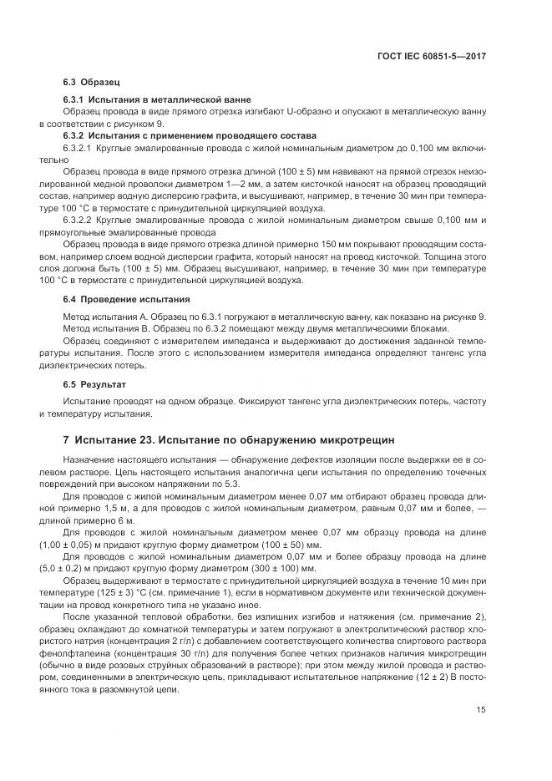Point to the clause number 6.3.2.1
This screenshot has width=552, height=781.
[81, 147]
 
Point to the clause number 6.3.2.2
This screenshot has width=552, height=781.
[81, 220]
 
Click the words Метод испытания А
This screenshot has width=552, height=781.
[108, 317]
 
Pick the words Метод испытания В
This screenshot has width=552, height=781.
[108, 329]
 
